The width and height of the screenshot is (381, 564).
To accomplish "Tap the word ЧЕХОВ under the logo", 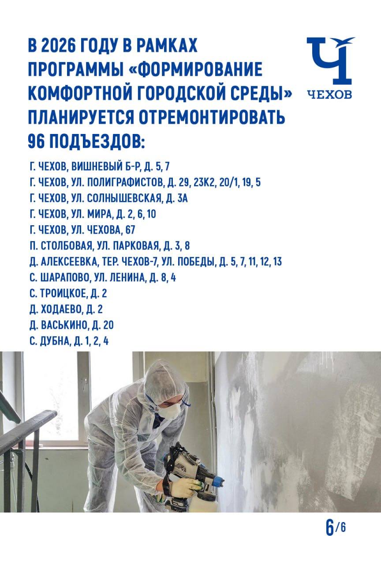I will click(330, 94).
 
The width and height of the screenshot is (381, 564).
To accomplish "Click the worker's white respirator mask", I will click(171, 411).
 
